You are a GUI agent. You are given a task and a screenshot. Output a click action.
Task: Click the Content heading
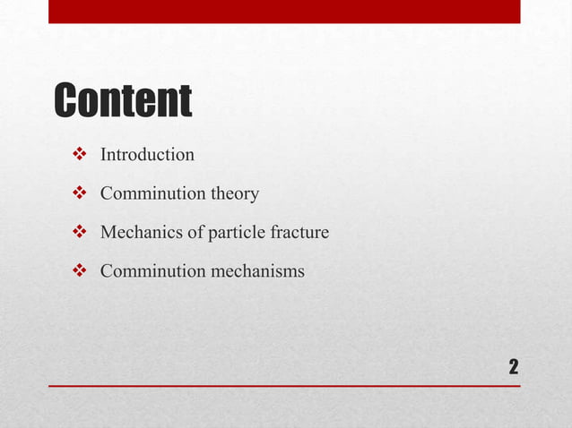pos(123,100)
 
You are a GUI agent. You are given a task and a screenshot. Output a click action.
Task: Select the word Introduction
pos(147,155)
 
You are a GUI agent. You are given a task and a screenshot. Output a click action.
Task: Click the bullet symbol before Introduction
pos(77,155)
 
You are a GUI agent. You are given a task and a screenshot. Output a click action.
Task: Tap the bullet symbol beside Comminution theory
pos(77,193)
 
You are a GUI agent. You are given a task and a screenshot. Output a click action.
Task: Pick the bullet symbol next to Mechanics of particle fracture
pos(77,233)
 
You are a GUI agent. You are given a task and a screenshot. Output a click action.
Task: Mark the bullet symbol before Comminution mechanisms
pos(77,271)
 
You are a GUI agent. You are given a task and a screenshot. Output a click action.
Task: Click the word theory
pos(235,194)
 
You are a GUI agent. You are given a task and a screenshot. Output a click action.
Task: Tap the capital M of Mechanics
pos(108,233)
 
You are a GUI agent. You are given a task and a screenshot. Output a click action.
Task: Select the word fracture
pos(300,233)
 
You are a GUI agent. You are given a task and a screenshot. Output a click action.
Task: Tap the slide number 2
pos(513,366)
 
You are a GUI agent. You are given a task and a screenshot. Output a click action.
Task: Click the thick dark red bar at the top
pos(284,11)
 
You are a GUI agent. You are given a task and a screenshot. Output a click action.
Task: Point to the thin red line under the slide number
pos(284,386)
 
